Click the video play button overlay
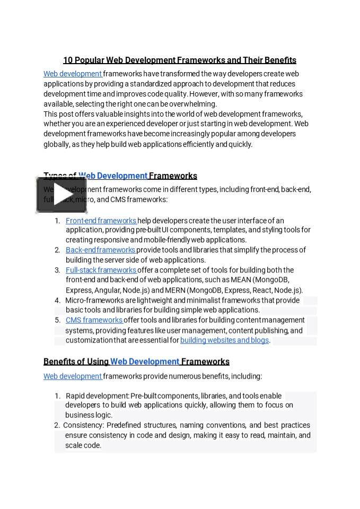pos(62,195)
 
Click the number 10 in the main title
pos(68,60)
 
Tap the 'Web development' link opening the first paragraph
pos(73,74)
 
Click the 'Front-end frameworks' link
pos(101,221)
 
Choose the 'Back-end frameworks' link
pos(100,250)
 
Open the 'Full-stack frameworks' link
pos(101,270)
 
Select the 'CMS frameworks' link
pos(94,320)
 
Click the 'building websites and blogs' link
pos(224,340)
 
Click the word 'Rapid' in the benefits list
pos(75,396)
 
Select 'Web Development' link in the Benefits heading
pos(144,362)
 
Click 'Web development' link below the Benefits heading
pos(73,376)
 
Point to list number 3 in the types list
pos(57,270)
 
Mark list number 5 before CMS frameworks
pos(57,320)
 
